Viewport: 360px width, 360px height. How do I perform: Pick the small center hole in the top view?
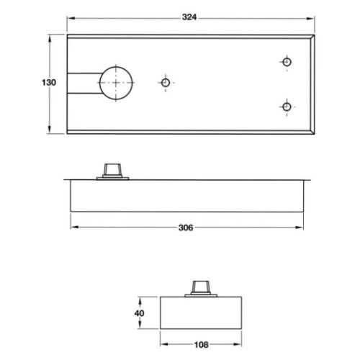(166, 83)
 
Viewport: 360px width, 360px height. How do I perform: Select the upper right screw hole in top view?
(287, 63)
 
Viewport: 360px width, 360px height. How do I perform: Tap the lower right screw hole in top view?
(287, 107)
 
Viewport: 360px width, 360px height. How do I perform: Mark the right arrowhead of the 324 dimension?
(313, 16)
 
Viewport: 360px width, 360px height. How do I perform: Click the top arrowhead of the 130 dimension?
(49, 35)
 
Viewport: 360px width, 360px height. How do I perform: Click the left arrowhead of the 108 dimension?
(162, 344)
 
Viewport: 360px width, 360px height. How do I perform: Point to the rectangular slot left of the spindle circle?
(83, 83)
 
